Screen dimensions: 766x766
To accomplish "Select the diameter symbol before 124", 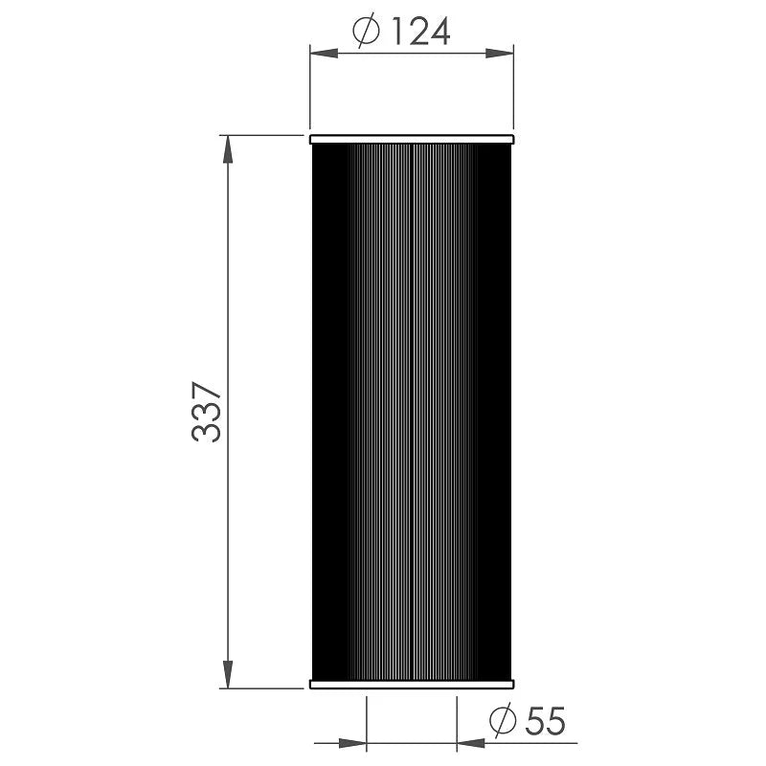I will click(368, 33).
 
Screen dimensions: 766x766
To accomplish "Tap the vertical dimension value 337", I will click(207, 413).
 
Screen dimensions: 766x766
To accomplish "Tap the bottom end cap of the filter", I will click(412, 683).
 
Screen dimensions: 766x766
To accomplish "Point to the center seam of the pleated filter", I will click(411, 412).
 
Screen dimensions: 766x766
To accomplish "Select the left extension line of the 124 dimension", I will click(309, 91).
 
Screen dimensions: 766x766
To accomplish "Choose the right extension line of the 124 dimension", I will click(514, 91).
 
